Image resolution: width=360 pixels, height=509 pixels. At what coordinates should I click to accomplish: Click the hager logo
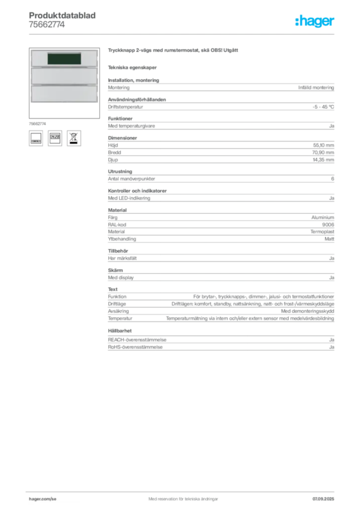[315, 21]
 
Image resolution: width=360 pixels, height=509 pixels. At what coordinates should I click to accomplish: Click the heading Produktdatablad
[62, 15]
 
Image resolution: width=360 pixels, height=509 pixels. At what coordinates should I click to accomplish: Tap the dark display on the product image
[64, 59]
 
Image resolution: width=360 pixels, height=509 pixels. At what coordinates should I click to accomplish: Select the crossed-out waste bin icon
[74, 138]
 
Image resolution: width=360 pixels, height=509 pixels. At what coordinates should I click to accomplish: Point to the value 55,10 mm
[323, 145]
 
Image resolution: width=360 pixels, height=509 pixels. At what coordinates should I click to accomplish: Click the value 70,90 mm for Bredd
[323, 152]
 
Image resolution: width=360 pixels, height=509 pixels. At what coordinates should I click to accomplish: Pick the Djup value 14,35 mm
[323, 160]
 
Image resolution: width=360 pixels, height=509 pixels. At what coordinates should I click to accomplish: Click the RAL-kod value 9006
[328, 225]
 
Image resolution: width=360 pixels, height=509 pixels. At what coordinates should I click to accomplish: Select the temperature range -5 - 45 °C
[323, 107]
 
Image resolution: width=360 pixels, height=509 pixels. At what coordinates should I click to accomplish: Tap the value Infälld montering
[316, 87]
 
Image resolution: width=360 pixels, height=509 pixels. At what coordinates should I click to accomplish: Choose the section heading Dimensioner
[122, 138]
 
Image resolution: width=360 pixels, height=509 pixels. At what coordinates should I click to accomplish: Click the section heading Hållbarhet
[120, 331]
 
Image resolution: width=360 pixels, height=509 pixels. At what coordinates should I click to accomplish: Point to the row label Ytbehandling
[122, 239]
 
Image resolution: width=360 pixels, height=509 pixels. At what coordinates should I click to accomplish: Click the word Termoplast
[322, 232]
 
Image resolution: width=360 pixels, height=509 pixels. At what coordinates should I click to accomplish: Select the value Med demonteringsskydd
[307, 311]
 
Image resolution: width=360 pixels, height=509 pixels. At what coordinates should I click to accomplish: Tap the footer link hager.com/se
[43, 499]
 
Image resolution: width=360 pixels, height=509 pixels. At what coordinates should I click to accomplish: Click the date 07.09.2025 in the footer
[323, 499]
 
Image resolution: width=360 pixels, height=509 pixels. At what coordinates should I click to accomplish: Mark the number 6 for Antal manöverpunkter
[333, 179]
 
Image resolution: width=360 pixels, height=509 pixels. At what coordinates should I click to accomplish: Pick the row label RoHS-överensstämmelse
[135, 347]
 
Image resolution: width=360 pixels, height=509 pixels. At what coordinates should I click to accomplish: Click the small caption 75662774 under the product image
[37, 124]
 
